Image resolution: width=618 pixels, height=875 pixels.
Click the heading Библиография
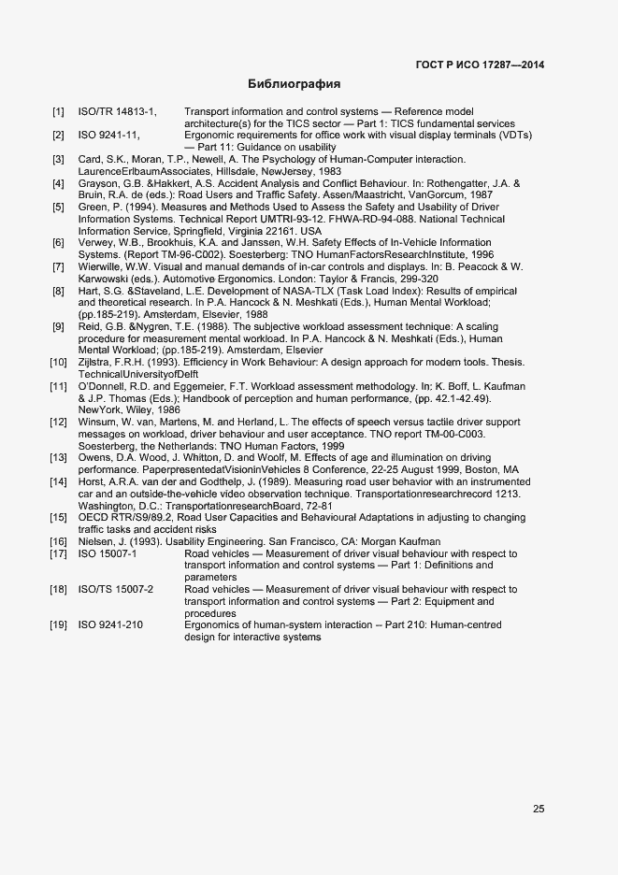[x=295, y=84]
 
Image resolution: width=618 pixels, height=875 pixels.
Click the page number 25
[x=539, y=810]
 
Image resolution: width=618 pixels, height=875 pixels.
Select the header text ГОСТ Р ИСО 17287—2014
[x=480, y=65]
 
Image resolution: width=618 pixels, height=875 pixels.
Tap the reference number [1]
[x=59, y=112]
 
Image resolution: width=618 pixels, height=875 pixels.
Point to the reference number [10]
[x=58, y=362]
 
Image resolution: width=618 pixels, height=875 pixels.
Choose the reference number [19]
[x=58, y=624]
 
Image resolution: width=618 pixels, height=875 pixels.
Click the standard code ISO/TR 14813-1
[x=118, y=112]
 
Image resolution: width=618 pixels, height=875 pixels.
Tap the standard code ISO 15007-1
[x=108, y=553]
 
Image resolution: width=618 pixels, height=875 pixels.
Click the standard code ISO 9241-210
[x=110, y=624]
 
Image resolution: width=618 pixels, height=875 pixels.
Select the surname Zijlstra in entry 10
[x=96, y=362]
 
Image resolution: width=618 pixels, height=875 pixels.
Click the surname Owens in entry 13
[x=94, y=458]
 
